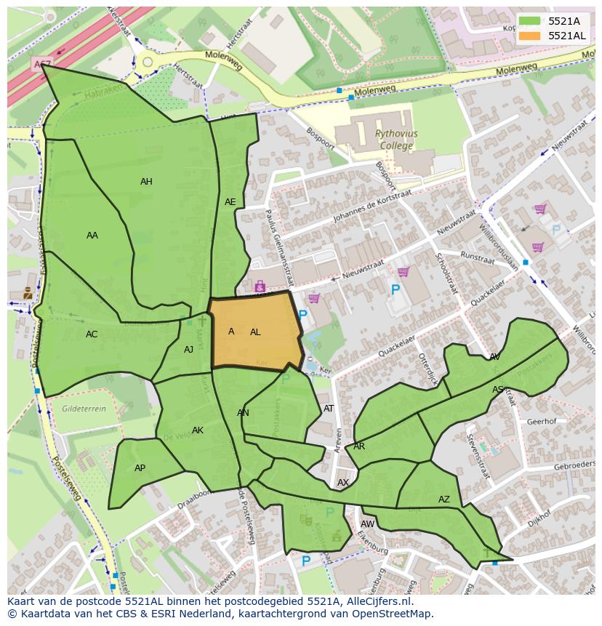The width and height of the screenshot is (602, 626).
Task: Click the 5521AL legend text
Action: click(566, 36)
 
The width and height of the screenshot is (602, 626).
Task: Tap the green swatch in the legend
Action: click(530, 21)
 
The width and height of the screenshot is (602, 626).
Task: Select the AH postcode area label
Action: click(146, 182)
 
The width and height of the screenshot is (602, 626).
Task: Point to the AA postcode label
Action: click(92, 236)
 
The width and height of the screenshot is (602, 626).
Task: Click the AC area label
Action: click(92, 334)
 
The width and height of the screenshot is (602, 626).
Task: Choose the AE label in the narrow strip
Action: click(230, 202)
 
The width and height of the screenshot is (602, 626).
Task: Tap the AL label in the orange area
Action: click(255, 332)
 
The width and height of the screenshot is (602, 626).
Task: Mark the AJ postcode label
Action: click(188, 350)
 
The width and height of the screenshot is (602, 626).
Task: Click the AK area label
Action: click(198, 430)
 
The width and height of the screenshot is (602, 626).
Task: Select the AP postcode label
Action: click(140, 468)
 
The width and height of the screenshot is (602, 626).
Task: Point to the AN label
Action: click(243, 413)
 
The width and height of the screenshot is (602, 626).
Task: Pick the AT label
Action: click(329, 409)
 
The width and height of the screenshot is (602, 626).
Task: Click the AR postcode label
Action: click(359, 446)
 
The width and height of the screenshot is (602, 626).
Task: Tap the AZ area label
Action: click(444, 499)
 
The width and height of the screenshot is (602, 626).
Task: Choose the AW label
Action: click(367, 524)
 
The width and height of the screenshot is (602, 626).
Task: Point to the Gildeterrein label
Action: click(84, 409)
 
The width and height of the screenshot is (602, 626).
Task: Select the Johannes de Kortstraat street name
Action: click(372, 207)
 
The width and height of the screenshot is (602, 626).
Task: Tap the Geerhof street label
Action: click(541, 421)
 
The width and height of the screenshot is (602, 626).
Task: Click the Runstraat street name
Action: click(478, 257)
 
